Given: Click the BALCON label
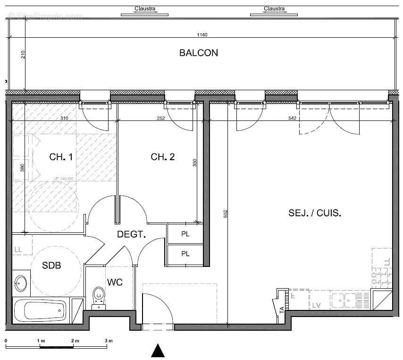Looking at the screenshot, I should pyautogui.click(x=198, y=53).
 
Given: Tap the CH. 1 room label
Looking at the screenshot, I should pyautogui.click(x=61, y=157).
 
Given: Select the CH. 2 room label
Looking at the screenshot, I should pyautogui.click(x=162, y=157).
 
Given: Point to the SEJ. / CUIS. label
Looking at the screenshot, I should pyautogui.click(x=315, y=213).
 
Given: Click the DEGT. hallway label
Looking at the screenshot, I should pyautogui.click(x=131, y=234).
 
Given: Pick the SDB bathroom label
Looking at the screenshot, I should pyautogui.click(x=51, y=266).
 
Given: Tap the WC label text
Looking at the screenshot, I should pyautogui.click(x=115, y=282).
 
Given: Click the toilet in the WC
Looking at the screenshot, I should pyautogui.click(x=99, y=296).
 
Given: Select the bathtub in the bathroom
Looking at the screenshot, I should pyautogui.click(x=40, y=310).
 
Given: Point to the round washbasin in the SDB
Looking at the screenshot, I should pyautogui.click(x=21, y=283).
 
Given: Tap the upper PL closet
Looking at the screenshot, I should pyautogui.click(x=185, y=234).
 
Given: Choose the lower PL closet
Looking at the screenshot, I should pyautogui.click(x=185, y=254).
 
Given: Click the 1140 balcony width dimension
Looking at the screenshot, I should pyautogui.click(x=202, y=34).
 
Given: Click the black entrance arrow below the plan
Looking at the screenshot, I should pyautogui.click(x=158, y=351).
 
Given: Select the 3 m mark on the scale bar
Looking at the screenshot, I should pyautogui.click(x=109, y=341).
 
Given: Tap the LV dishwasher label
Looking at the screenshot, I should pyautogui.click(x=316, y=306).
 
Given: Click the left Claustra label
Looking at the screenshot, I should pyautogui.click(x=144, y=9).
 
